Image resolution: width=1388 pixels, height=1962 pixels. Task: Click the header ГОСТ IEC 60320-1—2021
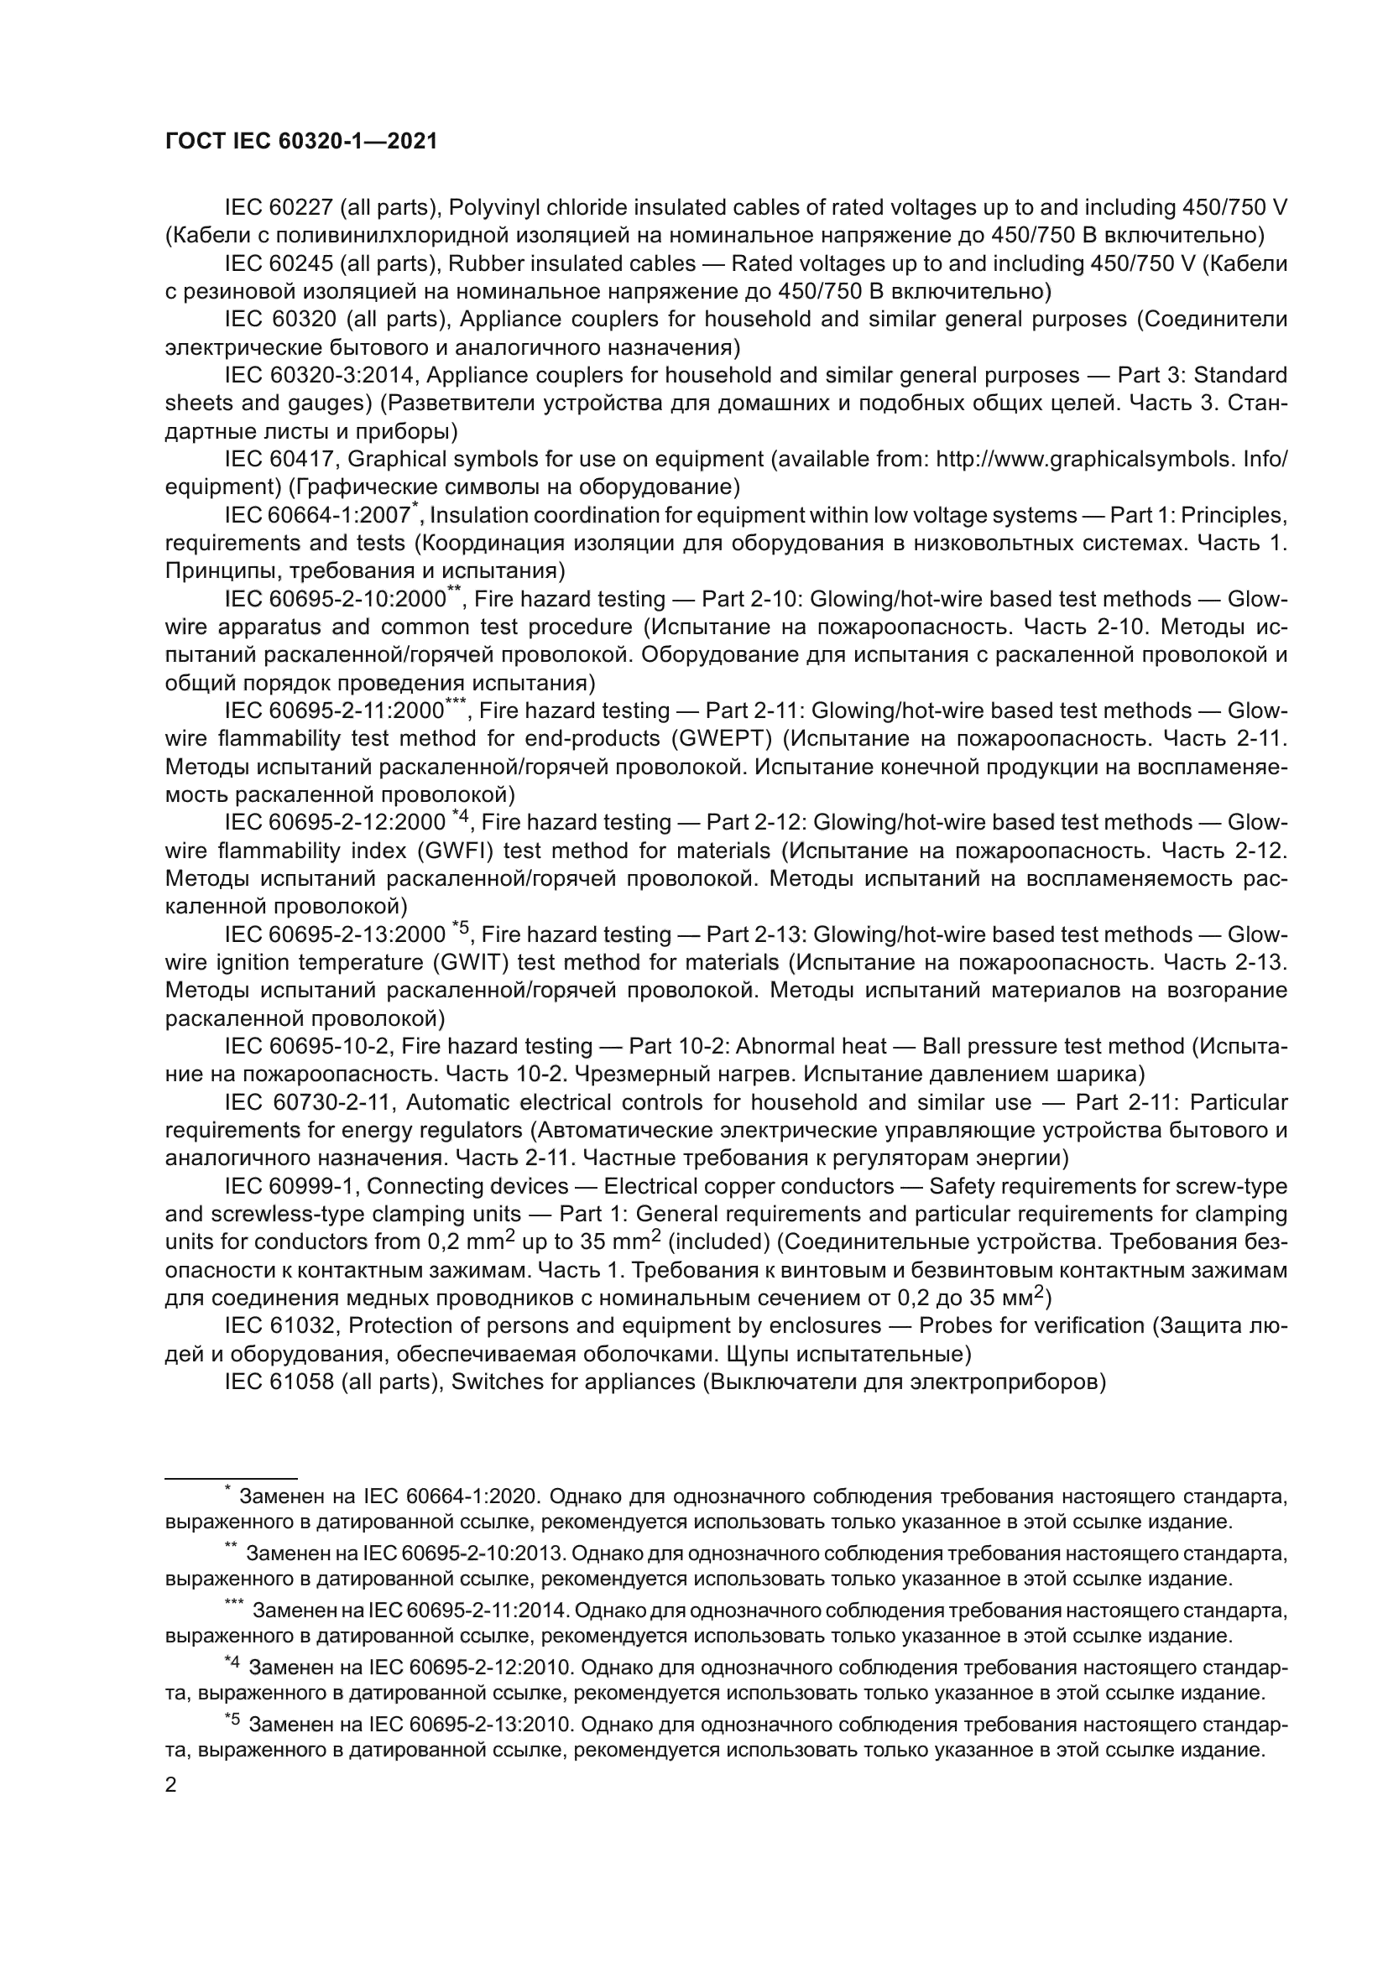click(x=301, y=142)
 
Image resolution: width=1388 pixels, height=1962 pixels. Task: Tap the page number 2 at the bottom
click(x=171, y=1786)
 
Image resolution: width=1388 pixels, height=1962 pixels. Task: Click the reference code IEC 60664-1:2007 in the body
click(x=317, y=516)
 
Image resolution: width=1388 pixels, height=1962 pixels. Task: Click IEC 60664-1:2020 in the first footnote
click(x=451, y=1497)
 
